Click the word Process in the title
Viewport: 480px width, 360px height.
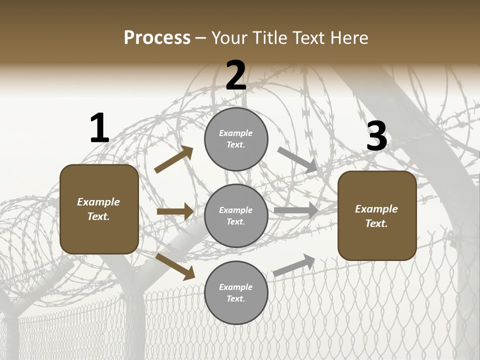click(157, 38)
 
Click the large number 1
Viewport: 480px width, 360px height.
click(99, 128)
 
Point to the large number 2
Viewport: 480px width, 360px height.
click(236, 75)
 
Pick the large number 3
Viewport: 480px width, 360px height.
click(377, 136)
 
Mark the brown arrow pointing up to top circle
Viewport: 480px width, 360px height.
click(174, 159)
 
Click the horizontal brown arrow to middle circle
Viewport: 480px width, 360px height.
click(175, 211)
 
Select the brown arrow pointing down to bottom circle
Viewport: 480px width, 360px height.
click(175, 266)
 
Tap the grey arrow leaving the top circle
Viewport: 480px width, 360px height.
click(298, 160)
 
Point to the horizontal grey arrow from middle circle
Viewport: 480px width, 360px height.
click(296, 210)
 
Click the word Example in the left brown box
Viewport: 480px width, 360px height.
click(98, 202)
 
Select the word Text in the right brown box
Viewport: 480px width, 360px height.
click(376, 223)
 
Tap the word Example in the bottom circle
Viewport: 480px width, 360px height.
click(236, 287)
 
